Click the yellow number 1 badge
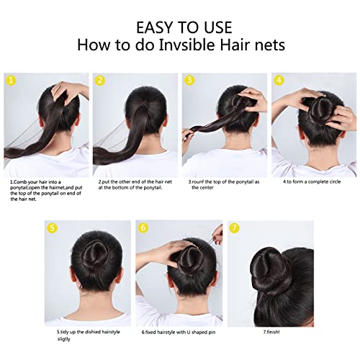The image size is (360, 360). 11,81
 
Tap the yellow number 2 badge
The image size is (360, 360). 100,81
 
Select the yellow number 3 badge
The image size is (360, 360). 190,81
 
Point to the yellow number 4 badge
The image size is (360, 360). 279,81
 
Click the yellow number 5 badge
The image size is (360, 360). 53,228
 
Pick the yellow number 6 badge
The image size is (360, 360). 143,228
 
